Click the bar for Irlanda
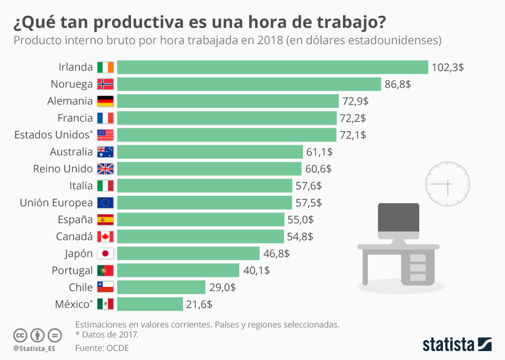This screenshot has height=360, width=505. click(272, 67)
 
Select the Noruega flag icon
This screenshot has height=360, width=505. click(105, 84)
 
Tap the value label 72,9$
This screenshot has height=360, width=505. click(355, 101)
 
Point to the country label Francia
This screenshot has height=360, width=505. click(75, 118)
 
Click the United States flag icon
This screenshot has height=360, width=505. click(105, 135)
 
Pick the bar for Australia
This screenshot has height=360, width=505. click(210, 152)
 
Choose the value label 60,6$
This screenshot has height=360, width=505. click(318, 169)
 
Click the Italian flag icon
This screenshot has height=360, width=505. click(105, 186)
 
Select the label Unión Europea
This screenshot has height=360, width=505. click(56, 203)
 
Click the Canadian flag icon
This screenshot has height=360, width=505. click(105, 236)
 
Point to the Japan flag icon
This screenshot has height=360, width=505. click(105, 254)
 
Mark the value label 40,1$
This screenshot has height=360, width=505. click(257, 271)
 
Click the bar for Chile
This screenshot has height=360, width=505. click(161, 287)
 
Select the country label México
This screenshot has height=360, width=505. click(73, 304)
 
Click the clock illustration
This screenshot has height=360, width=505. click(447, 184)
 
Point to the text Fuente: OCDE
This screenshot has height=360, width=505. click(102, 348)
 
